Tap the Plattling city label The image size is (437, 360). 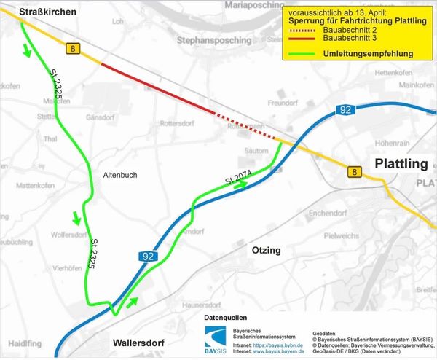click(400, 164)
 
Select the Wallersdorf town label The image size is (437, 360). click(139, 342)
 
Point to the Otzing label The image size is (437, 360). click(266, 250)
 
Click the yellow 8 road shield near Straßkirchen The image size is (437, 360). click(73, 48)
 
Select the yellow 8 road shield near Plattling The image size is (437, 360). click(354, 171)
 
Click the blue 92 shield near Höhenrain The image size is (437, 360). click(345, 109)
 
